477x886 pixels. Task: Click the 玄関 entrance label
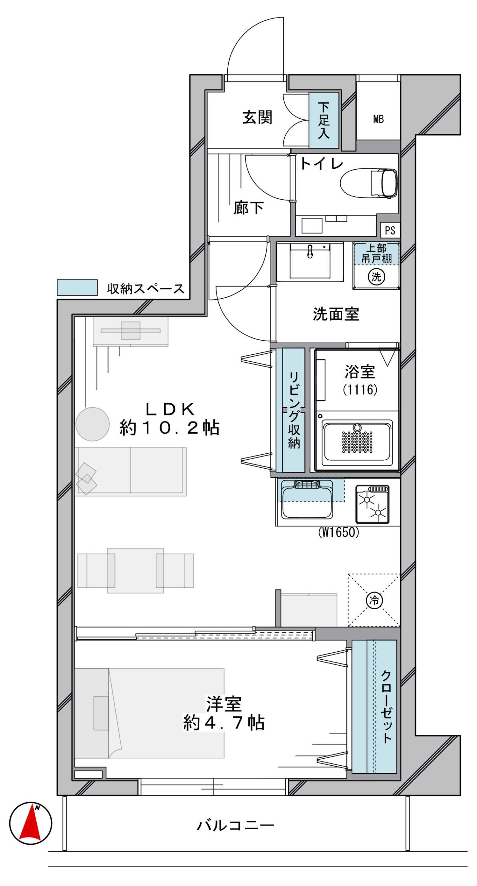pyautogui.click(x=257, y=117)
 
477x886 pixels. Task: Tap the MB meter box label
pyautogui.click(x=378, y=119)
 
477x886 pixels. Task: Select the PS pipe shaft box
pyautogui.click(x=390, y=230)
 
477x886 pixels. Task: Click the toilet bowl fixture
pyautogui.click(x=369, y=183)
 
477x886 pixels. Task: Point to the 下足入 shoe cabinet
pyautogui.click(x=323, y=120)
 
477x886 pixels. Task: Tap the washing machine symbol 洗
pyautogui.click(x=376, y=276)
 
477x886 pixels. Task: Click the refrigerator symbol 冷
pyautogui.click(x=374, y=600)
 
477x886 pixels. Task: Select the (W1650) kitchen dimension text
pyautogui.click(x=338, y=532)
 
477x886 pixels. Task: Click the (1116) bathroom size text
pyautogui.click(x=360, y=390)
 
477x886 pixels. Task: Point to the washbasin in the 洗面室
pyautogui.click(x=310, y=261)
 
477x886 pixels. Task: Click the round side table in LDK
pyautogui.click(x=92, y=424)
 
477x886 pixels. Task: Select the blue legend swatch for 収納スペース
pyautogui.click(x=77, y=288)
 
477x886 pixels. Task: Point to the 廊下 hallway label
pyautogui.click(x=248, y=208)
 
